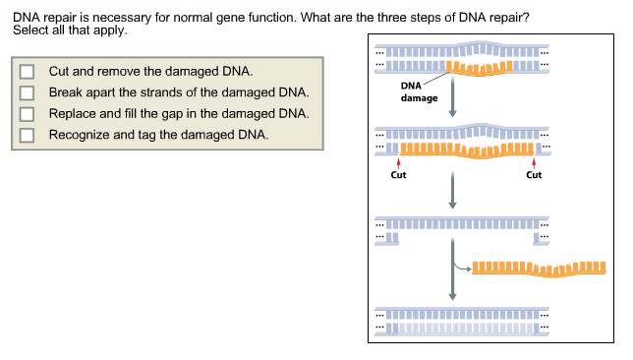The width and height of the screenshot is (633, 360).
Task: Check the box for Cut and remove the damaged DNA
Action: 27,72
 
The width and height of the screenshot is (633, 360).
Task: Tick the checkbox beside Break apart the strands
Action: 27,92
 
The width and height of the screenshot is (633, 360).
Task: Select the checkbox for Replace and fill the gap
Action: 27,113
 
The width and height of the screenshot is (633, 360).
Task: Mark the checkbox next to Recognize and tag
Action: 27,135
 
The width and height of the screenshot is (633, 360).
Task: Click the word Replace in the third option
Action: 74,113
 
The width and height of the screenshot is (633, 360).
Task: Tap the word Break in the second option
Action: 66,92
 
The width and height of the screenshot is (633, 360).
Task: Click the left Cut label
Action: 398,175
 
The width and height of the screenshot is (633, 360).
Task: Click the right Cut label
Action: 534,175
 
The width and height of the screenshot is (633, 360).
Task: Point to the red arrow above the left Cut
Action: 398,162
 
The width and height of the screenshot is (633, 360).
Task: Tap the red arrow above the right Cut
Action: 534,162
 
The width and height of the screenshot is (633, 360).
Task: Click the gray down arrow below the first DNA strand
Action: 452,100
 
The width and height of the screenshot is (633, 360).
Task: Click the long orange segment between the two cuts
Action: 466,150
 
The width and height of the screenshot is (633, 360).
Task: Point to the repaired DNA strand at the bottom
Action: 462,320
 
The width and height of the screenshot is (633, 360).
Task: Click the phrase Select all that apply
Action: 70,30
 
